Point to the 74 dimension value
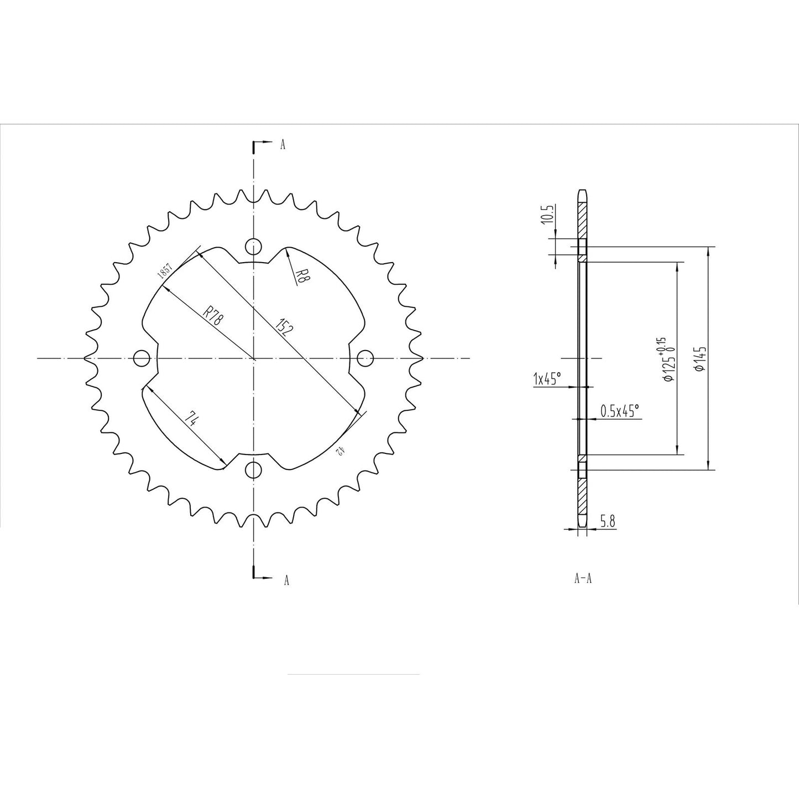tap(191, 419)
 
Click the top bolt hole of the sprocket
tap(253, 246)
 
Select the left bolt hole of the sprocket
tap(142, 358)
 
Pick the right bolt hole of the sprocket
tap(364, 358)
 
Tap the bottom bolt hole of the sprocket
tap(253, 470)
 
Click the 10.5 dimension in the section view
tap(548, 213)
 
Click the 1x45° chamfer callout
tap(547, 379)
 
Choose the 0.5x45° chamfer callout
tap(619, 410)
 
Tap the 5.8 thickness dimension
tap(607, 521)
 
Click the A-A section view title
tap(583, 579)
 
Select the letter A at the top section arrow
tap(283, 145)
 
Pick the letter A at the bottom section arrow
tap(286, 580)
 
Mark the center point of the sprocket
tap(253, 358)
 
